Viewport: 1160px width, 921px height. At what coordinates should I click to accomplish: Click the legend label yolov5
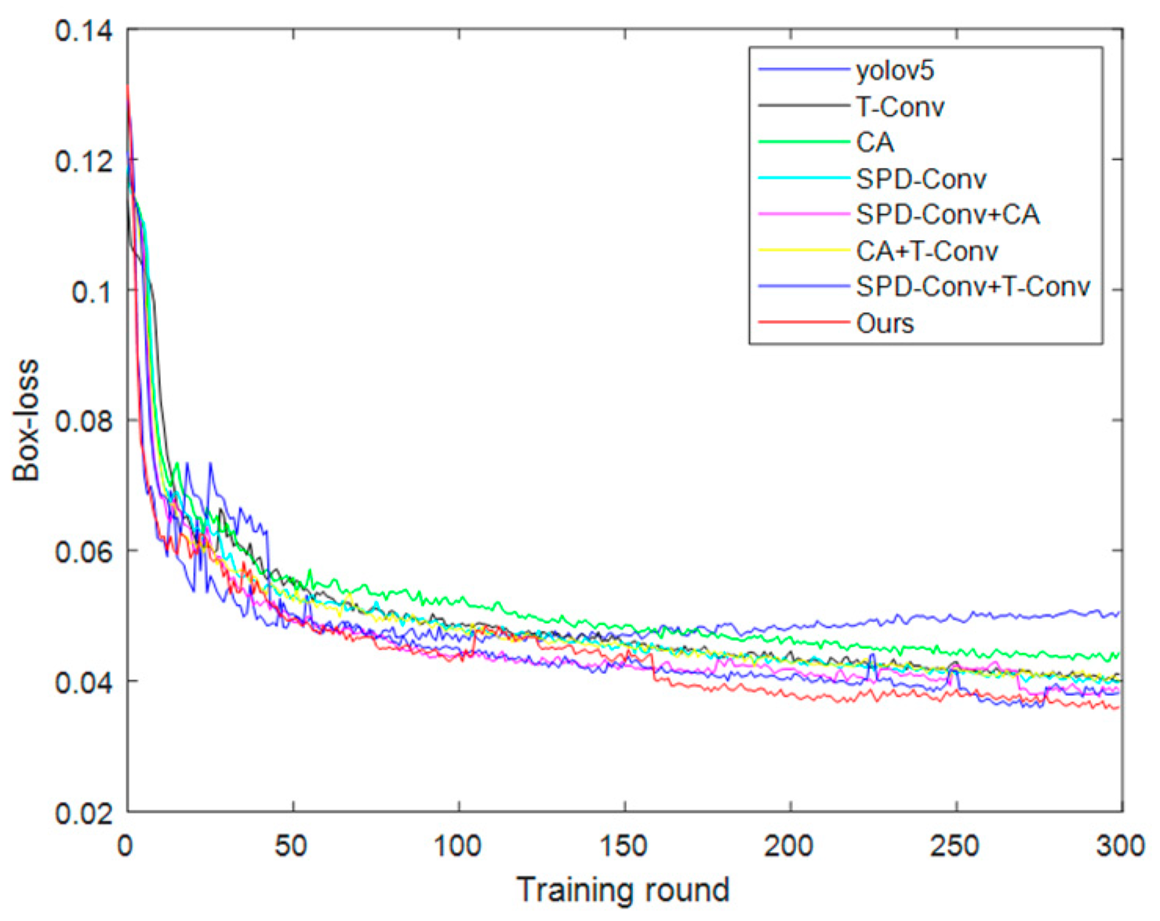[x=895, y=71]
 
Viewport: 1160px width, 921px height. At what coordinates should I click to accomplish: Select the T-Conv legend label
[x=900, y=107]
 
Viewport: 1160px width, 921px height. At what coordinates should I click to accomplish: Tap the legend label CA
[x=875, y=143]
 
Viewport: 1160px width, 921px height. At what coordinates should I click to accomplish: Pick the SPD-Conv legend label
[x=921, y=179]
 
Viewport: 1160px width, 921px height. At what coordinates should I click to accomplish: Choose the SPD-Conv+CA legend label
[x=947, y=214]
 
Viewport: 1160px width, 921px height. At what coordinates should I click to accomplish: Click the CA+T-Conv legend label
[x=926, y=251]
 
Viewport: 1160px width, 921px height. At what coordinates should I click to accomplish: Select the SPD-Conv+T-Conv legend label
[x=973, y=286]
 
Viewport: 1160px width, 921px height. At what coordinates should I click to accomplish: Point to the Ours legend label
[x=885, y=323]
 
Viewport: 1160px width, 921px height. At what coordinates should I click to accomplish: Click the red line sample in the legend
[x=804, y=322]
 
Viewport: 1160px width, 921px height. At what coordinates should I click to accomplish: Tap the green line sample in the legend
[x=804, y=142]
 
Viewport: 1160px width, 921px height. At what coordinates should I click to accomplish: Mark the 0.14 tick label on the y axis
[x=83, y=31]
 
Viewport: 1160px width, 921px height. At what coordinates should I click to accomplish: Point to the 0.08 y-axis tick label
[x=83, y=420]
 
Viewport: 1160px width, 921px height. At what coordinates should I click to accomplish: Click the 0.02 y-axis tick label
[x=83, y=813]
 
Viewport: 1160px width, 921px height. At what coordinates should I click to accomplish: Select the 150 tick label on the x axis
[x=624, y=846]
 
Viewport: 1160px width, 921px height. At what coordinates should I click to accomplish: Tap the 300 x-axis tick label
[x=1120, y=846]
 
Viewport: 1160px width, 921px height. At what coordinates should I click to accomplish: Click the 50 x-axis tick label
[x=293, y=846]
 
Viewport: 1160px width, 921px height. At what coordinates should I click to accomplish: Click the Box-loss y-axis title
[x=26, y=420]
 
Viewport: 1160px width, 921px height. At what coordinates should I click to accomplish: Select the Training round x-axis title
[x=623, y=890]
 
